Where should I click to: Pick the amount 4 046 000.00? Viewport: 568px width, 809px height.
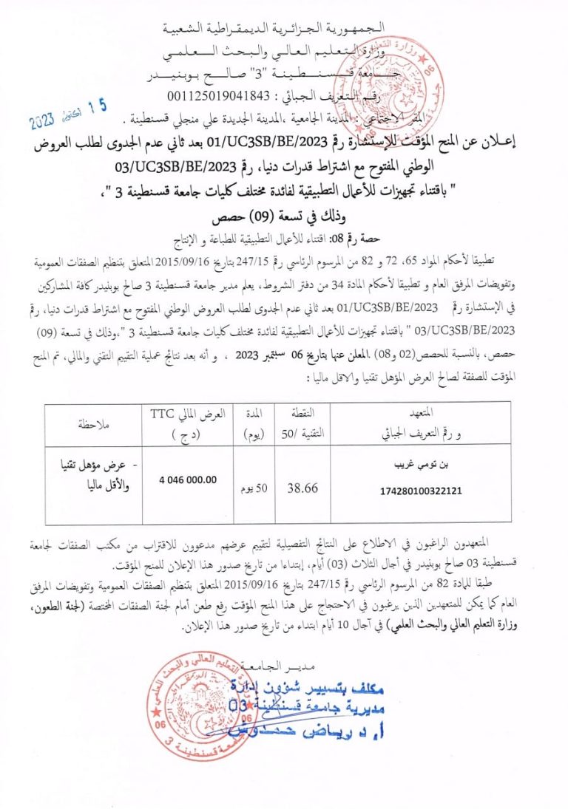pos(187,479)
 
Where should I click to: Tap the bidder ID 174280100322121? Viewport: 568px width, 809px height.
pos(419,490)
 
